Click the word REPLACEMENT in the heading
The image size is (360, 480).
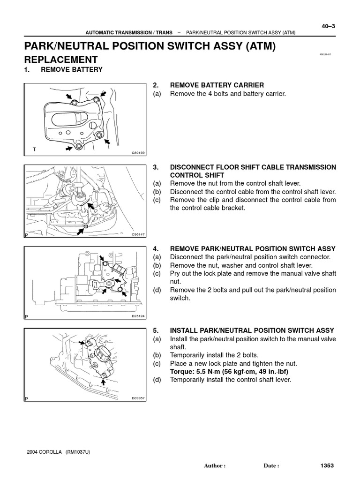tap(61, 60)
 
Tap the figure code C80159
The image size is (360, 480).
tap(139, 153)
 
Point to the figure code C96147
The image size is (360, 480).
tap(139, 234)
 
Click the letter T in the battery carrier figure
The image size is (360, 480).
tap(34, 149)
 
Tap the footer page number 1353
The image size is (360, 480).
tap(327, 465)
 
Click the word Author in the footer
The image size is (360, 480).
tap(215, 466)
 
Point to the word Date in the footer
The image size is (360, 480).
tap(271, 466)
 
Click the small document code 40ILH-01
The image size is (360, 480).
tap(325, 54)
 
